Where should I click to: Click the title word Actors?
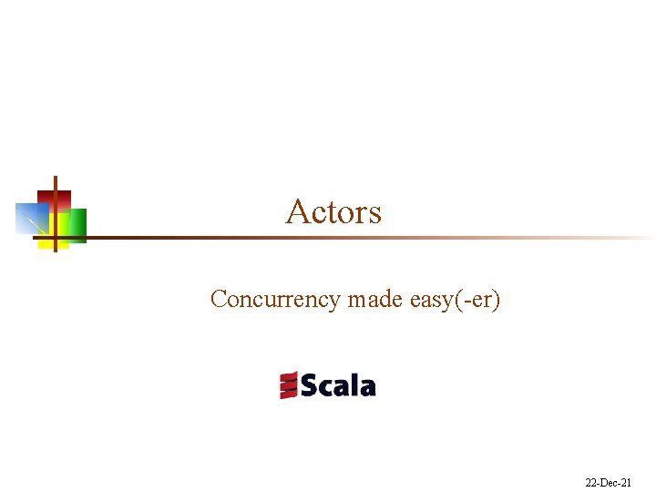333,212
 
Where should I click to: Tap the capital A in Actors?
296,211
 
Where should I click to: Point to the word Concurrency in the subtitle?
274,300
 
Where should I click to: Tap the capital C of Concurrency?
219,299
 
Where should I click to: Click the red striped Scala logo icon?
289,384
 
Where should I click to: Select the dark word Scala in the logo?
337,385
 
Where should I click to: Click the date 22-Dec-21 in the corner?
609,482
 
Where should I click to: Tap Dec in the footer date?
610,482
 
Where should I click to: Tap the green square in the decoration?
77,224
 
